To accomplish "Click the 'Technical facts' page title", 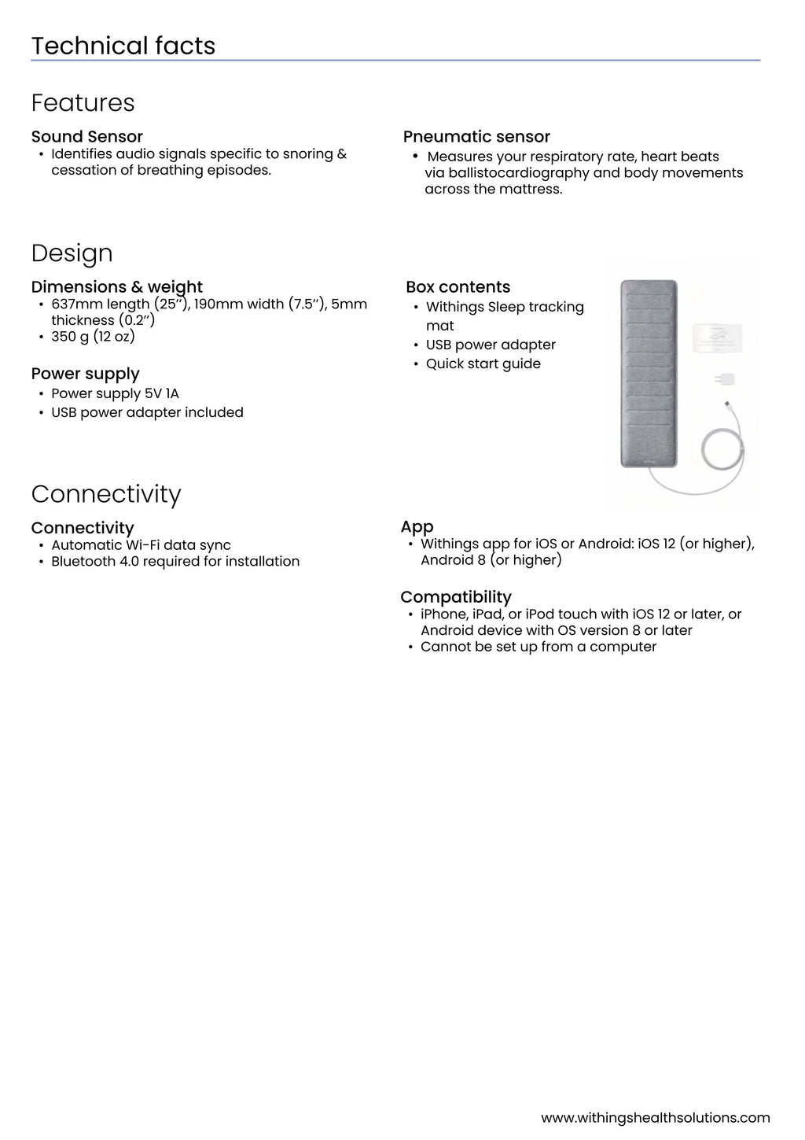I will (123, 46).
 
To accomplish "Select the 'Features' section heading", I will (83, 103).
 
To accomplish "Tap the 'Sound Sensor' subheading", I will (86, 136).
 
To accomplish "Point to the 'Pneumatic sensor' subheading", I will (476, 137).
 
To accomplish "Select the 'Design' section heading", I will (72, 253).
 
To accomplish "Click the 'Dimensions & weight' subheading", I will (116, 286).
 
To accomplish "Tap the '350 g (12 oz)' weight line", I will (93, 337).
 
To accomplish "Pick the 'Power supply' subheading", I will (85, 374).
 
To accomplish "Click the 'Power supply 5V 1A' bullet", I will (115, 393).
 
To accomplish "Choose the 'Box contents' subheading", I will (458, 287).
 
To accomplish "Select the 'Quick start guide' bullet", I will (483, 363).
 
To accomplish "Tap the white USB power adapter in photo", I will (725, 379).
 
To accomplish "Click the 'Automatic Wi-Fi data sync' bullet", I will (141, 545).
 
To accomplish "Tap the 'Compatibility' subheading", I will (455, 597).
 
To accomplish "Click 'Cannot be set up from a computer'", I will (538, 647).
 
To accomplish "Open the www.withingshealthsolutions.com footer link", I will (655, 1118).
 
